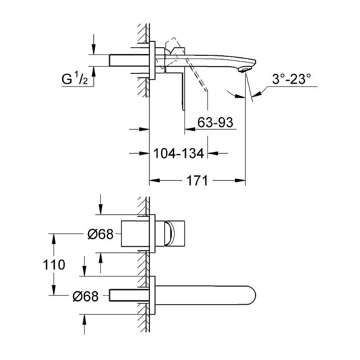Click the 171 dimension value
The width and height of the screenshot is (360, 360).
[x=197, y=180]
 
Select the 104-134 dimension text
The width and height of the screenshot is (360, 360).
[x=179, y=153]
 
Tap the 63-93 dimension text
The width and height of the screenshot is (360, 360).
[x=215, y=122]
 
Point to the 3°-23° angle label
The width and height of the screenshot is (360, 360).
[x=292, y=79]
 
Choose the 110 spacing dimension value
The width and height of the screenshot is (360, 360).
[x=54, y=265]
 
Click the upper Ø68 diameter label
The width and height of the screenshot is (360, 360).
[x=100, y=234]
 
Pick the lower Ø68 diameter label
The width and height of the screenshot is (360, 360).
[x=85, y=296]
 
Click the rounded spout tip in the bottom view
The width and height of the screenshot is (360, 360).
[x=252, y=295]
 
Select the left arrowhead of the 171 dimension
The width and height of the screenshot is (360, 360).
[x=154, y=180]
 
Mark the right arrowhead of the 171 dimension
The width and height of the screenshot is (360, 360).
[x=240, y=180]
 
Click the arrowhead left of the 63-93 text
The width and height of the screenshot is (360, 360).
[x=190, y=129]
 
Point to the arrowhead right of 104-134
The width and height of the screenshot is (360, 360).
[x=213, y=153]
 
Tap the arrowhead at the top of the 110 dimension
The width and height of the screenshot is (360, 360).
[x=54, y=239]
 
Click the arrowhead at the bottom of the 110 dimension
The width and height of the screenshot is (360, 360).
[x=54, y=290]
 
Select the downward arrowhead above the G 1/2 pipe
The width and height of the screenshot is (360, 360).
[x=94, y=49]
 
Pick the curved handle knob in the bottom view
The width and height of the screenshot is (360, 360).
[x=171, y=234]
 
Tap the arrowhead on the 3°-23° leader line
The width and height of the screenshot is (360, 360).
[x=256, y=94]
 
